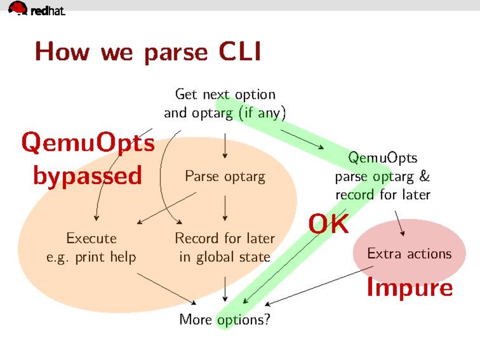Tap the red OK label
click(x=328, y=224)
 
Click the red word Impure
click(x=410, y=287)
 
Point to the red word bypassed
click(x=87, y=175)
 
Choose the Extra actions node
click(x=409, y=253)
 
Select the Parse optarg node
click(x=225, y=176)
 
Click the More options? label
click(x=225, y=319)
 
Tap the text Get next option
click(x=225, y=94)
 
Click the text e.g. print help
click(x=91, y=257)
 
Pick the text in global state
click(x=225, y=257)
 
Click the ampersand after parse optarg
click(x=425, y=176)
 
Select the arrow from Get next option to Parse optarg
click(x=225, y=146)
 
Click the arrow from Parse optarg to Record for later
click(x=225, y=208)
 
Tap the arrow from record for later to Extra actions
click(x=399, y=223)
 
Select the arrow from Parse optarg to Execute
click(x=167, y=208)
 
